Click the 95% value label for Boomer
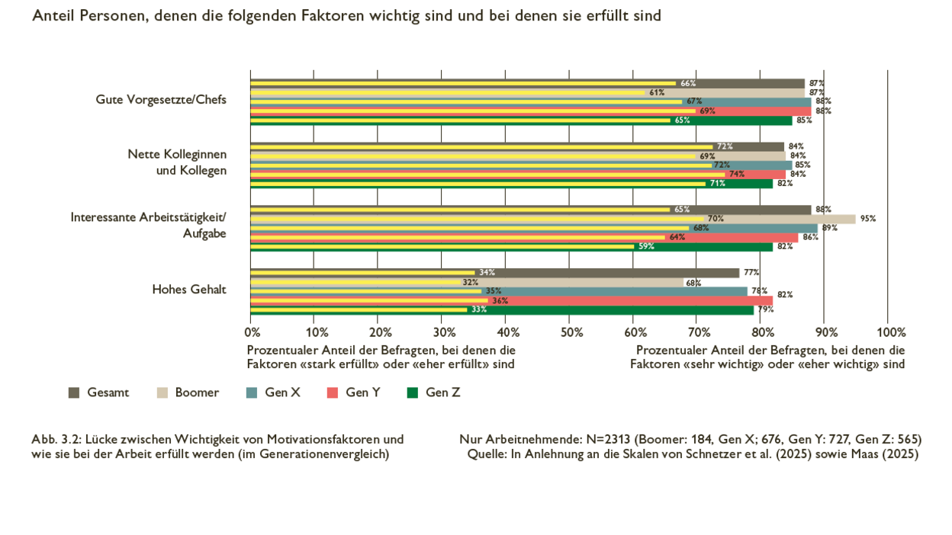[868, 219]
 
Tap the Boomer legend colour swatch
[162, 392]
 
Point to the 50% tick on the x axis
[571, 332]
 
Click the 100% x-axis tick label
[891, 332]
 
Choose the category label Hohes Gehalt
[189, 289]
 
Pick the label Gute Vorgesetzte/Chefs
[161, 99]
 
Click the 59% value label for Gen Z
[646, 246]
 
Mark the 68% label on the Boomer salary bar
[693, 283]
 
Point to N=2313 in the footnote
[609, 439]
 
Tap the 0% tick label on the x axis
[252, 332]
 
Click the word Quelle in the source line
[486, 454]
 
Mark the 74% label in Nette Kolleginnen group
[736, 174]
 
